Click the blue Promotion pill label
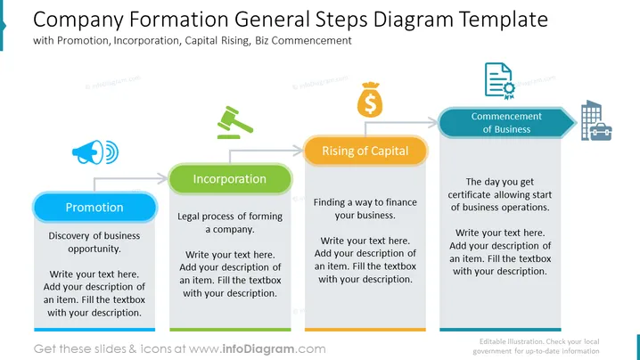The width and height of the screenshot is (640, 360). [x=94, y=208]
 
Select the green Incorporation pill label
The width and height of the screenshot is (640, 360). [x=230, y=179]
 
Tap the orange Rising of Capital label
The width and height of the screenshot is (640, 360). [x=365, y=151]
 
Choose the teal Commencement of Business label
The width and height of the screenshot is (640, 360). [x=506, y=122]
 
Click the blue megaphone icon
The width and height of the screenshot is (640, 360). [x=95, y=152]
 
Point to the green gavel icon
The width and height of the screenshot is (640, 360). [x=234, y=122]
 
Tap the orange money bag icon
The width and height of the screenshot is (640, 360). [x=370, y=100]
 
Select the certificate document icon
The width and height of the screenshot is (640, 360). [x=499, y=81]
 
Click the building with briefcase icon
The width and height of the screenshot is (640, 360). [x=596, y=120]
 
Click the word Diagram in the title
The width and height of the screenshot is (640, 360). [x=413, y=20]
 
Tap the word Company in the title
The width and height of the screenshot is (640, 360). [x=78, y=20]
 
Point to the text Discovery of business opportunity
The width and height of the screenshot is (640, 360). [x=94, y=242]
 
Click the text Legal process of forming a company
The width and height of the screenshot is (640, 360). [x=230, y=223]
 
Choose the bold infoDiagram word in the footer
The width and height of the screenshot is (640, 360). [x=258, y=349]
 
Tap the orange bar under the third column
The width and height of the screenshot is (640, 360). [x=365, y=330]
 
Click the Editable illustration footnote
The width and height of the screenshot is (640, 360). [x=536, y=346]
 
